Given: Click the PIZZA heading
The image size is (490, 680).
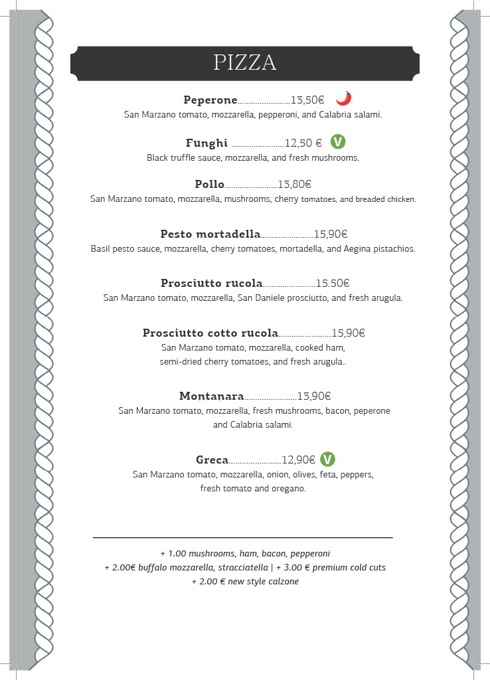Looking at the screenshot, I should [245, 62].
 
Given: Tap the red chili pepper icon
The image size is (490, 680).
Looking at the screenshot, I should [343, 99].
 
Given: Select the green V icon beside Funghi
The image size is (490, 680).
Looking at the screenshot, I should [338, 141].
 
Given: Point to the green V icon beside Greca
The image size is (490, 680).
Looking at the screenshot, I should [327, 459].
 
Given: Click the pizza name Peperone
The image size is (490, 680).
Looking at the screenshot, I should [210, 100].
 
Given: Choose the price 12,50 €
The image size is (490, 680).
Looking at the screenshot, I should [303, 143].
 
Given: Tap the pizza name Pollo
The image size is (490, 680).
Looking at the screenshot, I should [210, 185].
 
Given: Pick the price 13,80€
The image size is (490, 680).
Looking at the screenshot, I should [295, 185].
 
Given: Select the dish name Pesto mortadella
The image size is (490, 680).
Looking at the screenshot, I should [210, 234].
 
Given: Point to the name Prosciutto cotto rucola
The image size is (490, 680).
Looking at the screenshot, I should [210, 333].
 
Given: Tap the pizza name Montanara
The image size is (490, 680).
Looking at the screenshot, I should [212, 396].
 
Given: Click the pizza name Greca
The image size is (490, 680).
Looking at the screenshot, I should [212, 460].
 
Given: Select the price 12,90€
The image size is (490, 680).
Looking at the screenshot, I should [299, 460].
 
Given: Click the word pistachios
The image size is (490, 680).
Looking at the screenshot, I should [394, 249].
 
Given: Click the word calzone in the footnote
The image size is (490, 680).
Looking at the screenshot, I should [282, 582].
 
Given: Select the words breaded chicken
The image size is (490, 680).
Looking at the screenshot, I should [386, 199].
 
